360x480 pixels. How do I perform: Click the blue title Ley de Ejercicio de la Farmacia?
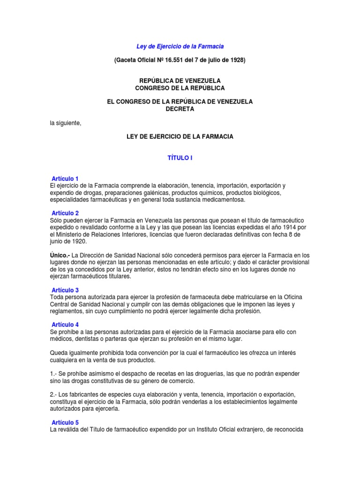tap(180, 46)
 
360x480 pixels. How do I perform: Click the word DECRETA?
tap(180, 109)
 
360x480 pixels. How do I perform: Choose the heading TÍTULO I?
tap(180, 158)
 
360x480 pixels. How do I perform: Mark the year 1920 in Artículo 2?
tap(84, 241)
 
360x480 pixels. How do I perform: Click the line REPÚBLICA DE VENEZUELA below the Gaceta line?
tap(180, 81)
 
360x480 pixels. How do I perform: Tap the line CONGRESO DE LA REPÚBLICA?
tap(180, 88)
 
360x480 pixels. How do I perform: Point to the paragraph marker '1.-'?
tap(53, 374)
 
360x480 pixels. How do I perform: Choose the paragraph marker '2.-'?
tap(53, 394)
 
